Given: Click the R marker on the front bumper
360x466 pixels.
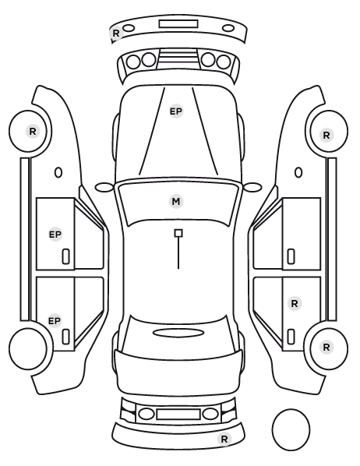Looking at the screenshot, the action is click(116, 33).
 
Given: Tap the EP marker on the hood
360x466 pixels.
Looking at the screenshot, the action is click(175, 111).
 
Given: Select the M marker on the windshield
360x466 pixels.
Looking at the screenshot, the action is click(176, 202).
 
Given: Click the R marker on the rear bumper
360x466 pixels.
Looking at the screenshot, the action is click(224, 439).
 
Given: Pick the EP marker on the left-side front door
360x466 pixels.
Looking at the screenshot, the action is click(55, 235).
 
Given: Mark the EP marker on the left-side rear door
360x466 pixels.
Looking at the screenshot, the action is click(55, 321).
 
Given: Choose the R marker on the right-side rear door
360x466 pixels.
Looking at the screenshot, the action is click(295, 304).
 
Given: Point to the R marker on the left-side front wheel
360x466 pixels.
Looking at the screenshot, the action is click(33, 131).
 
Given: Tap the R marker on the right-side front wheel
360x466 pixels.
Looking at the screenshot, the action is click(326, 136).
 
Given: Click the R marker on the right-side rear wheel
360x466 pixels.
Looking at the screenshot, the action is click(326, 347).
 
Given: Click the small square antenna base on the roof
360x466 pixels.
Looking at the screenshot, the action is click(178, 233).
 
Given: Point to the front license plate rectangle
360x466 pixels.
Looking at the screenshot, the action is click(178, 24).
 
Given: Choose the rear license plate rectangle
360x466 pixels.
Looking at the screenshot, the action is click(178, 414).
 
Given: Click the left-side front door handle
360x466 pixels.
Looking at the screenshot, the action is click(65, 256).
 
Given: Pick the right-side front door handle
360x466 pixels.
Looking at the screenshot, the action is click(291, 256).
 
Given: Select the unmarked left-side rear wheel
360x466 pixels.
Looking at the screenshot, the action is click(28, 348).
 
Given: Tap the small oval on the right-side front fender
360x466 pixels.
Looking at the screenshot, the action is click(298, 173).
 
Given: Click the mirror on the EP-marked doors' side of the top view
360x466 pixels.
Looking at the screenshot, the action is click(104, 187).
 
